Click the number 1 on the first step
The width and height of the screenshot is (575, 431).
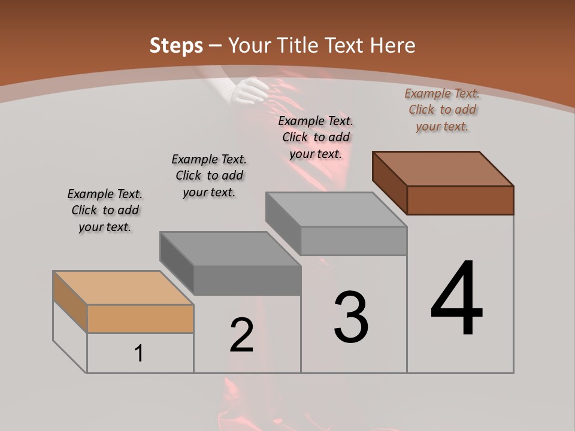(139, 354)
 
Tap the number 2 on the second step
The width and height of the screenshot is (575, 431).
(241, 335)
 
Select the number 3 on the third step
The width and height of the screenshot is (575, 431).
(351, 317)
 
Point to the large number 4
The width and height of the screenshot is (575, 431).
(456, 299)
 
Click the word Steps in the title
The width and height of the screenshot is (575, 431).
(176, 45)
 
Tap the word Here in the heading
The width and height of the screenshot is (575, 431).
(391, 45)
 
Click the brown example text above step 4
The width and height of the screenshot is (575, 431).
(442, 110)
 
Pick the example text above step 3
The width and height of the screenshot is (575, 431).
(316, 137)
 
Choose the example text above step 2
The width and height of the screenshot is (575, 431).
(209, 175)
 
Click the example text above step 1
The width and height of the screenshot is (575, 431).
(105, 210)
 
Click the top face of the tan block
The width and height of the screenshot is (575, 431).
(123, 287)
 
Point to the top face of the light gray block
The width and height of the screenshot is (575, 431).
(336, 210)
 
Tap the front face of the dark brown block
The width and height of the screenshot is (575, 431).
(460, 200)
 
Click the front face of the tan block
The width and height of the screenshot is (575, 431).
(140, 318)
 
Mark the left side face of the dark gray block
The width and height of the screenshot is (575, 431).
(177, 263)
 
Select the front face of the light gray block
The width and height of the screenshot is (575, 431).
(353, 241)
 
